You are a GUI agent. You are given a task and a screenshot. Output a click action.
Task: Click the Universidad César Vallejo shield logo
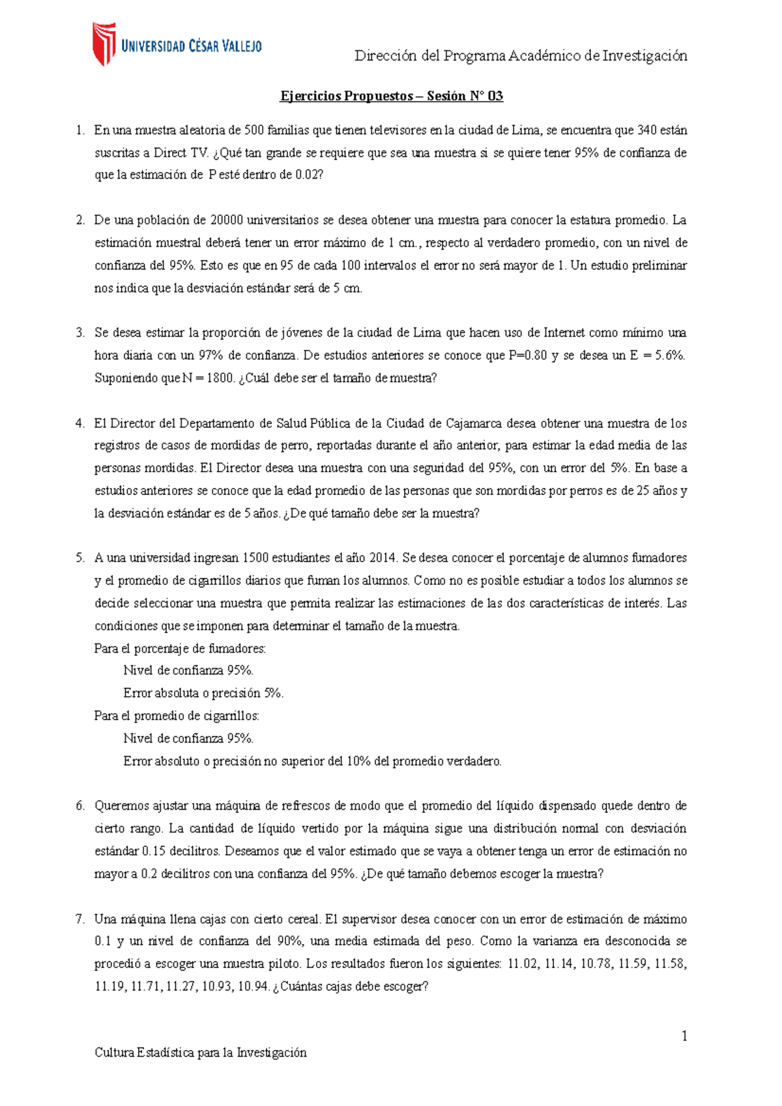[x=104, y=44]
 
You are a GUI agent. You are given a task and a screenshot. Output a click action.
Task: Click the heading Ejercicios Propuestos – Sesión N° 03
[x=391, y=96]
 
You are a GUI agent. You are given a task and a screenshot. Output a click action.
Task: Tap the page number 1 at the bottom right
[x=684, y=1036]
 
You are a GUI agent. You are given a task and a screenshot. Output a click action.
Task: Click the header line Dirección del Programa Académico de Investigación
[x=521, y=56]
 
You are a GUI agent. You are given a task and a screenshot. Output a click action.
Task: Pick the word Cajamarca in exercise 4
[x=474, y=423]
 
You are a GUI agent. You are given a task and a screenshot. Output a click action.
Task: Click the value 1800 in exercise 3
[x=219, y=378]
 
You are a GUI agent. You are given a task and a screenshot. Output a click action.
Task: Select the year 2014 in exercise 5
[x=383, y=558]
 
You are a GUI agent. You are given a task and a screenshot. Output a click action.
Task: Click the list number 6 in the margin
[x=80, y=806]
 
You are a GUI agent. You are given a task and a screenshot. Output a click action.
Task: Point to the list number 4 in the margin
[x=80, y=423]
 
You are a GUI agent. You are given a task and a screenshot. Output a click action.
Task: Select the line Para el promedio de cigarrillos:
[x=177, y=716]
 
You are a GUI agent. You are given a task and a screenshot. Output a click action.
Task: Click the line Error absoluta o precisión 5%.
[x=203, y=693]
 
